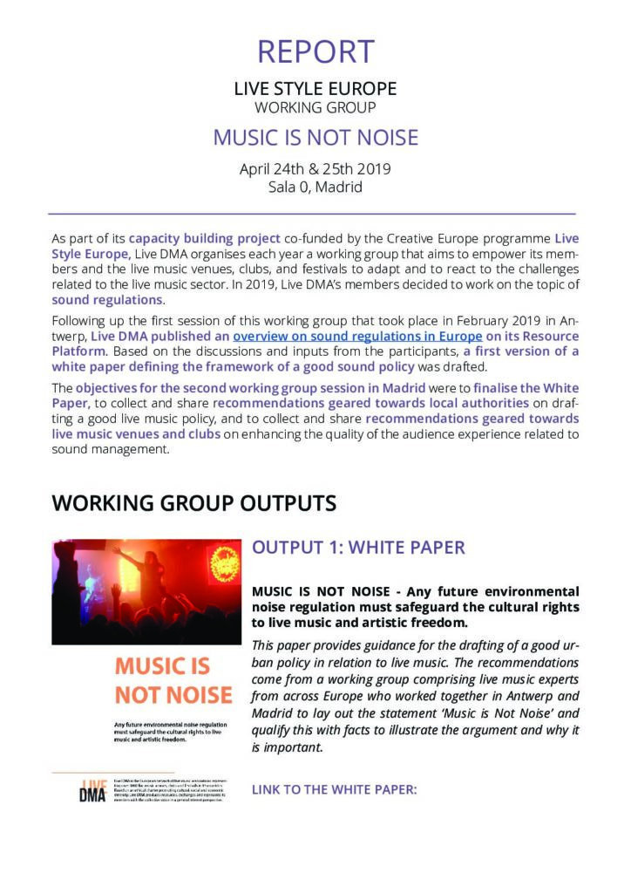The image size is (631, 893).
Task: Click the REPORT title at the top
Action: (x=315, y=52)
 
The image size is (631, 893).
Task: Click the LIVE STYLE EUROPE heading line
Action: (x=315, y=89)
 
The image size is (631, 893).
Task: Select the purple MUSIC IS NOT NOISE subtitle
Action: (x=315, y=139)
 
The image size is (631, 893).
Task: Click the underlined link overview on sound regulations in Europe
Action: (x=356, y=337)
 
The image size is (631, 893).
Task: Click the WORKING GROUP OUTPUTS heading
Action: (x=194, y=503)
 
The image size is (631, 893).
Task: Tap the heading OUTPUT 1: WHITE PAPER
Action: (x=358, y=548)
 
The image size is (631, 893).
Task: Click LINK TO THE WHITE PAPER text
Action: (x=335, y=789)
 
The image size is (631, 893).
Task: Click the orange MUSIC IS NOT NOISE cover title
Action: (x=173, y=680)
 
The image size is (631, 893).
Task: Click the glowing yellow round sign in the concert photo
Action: (x=225, y=563)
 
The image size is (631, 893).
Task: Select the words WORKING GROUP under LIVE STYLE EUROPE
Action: (x=315, y=108)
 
